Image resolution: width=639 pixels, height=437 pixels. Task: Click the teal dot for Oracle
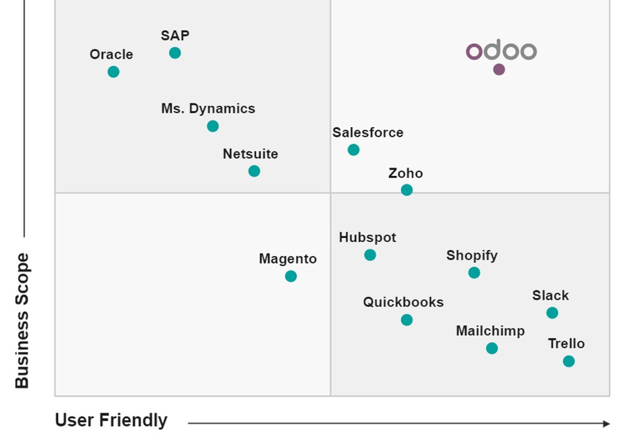pos(113,72)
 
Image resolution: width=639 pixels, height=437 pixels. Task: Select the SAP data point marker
pos(175,53)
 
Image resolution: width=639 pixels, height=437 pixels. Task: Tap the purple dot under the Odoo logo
pos(499,69)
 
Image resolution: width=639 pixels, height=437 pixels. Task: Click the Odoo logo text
pos(501,51)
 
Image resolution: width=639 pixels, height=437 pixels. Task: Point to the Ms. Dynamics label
pos(208,109)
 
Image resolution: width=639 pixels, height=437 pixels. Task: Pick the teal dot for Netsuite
pos(254,171)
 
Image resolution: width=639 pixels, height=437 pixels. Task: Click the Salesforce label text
pos(367,133)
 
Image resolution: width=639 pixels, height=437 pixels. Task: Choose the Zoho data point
pos(406,190)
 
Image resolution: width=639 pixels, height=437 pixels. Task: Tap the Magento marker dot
pos(291,276)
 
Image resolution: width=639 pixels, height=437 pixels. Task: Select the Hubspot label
pos(367,237)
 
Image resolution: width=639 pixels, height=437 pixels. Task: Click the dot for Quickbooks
pos(406,320)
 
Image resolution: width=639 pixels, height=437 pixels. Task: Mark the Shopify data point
pos(474,273)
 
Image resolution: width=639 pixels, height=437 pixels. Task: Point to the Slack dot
pos(552,313)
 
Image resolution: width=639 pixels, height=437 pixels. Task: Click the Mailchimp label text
pos(490,331)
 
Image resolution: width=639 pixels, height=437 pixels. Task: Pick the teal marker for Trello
pos(568,361)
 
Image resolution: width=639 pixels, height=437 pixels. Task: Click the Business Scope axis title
pos(22,320)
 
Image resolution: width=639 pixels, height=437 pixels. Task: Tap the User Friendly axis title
pos(111,420)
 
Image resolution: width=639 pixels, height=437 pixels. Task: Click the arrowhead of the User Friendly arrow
pos(606,423)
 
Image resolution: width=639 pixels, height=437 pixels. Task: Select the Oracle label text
pos(111,54)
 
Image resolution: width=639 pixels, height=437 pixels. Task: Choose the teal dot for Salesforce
pos(353,150)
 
